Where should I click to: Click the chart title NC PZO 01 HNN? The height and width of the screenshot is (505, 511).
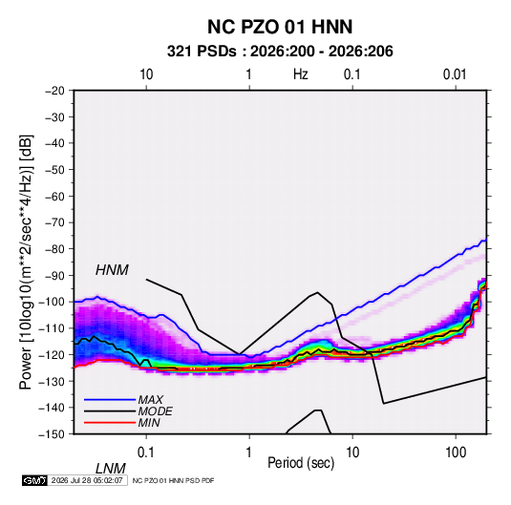pos(280,27)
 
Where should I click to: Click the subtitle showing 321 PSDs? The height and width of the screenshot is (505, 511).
pos(280,52)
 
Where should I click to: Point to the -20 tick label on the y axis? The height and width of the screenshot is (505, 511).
pos(55,91)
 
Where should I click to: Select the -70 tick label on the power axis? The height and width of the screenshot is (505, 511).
pos(55,222)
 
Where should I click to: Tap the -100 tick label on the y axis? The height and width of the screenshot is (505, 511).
pos(53,302)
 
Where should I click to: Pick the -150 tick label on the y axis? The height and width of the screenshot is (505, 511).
pos(53,434)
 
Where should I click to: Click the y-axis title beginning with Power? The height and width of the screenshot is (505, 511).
pos(26,263)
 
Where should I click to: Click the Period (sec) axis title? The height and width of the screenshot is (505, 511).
pos(301,463)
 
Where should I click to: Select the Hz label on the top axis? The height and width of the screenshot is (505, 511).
pos(301,74)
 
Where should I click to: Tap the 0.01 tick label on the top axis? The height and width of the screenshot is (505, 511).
pos(455,74)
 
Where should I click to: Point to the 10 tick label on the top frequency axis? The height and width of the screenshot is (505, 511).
pos(146,74)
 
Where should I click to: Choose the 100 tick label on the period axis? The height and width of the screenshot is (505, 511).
pos(456,452)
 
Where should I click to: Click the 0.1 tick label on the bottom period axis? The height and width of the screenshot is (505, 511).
pos(146,452)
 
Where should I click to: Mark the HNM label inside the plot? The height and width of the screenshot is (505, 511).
pos(112,270)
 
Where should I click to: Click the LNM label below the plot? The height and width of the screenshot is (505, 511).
pos(111,469)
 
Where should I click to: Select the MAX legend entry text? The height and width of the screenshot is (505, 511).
pos(150,399)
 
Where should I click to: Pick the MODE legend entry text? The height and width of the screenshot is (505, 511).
pos(155,411)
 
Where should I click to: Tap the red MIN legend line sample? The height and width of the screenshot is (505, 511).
pos(110,423)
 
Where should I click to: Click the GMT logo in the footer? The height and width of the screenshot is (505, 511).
pos(34,480)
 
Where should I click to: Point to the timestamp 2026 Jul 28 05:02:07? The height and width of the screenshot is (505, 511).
pos(87,480)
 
